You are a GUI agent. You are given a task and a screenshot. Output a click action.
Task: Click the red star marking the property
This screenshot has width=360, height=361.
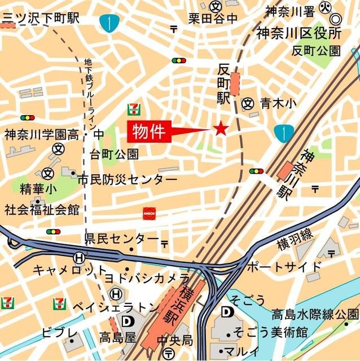pyautogui.click(x=220, y=129)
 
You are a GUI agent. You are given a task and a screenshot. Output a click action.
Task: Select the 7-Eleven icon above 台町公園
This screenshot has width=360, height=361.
pyautogui.click(x=134, y=107)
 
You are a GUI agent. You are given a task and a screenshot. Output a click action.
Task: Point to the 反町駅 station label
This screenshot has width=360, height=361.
pyautogui.click(x=225, y=83)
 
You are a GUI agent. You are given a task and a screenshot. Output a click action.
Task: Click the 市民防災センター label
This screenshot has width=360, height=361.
pyautogui.click(x=128, y=179)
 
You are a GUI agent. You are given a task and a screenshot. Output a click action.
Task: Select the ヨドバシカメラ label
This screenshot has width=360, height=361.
pyautogui.click(x=147, y=278)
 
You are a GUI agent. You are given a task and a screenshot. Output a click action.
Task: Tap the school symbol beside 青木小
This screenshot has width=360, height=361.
pyautogui.click(x=247, y=103)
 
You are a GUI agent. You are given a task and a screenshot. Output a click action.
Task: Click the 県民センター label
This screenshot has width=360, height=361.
pyautogui.click(x=122, y=239)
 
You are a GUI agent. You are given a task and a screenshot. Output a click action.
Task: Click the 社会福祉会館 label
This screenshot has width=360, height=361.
pyautogui.click(x=42, y=210)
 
